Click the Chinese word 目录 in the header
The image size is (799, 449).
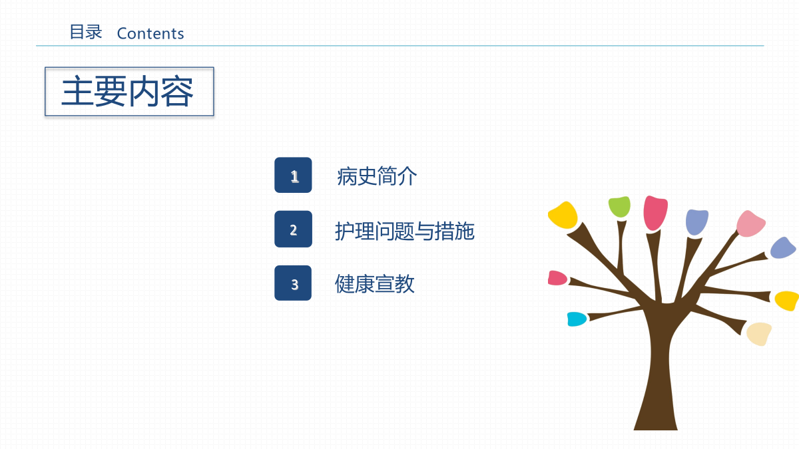click(86, 32)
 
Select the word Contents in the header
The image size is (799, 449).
click(150, 33)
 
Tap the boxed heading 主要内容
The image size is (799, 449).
click(129, 92)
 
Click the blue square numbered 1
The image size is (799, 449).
click(293, 175)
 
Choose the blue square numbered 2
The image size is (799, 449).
click(293, 229)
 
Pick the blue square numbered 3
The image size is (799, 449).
click(293, 283)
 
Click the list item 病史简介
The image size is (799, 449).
click(377, 176)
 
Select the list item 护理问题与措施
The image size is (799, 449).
click(405, 231)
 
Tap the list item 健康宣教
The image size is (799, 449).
click(374, 283)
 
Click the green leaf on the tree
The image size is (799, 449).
click(619, 206)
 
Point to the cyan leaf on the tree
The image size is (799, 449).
click(577, 319)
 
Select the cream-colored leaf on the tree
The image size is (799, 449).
click(759, 333)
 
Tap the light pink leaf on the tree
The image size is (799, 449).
click(750, 224)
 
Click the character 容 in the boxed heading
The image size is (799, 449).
click(177, 92)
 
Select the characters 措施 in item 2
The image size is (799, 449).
click(455, 231)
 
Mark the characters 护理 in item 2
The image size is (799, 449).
click(354, 231)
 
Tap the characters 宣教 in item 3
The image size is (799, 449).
click(394, 283)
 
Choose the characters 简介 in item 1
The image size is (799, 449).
click(397, 176)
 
